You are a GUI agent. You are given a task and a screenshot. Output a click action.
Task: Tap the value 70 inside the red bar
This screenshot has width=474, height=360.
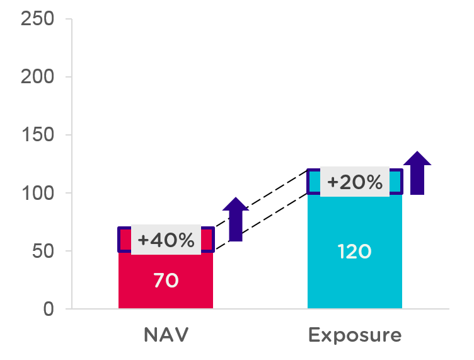[x=166, y=280]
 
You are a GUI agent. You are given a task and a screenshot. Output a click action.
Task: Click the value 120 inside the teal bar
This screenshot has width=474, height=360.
[x=354, y=252]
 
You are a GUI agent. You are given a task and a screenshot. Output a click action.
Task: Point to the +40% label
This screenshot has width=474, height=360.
[x=166, y=240]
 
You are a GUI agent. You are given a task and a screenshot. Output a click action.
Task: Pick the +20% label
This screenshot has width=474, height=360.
[x=355, y=182]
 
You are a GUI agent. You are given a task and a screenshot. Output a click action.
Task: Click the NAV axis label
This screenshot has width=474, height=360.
[x=166, y=335]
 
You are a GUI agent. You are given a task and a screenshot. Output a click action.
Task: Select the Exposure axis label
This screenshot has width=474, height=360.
[x=354, y=335]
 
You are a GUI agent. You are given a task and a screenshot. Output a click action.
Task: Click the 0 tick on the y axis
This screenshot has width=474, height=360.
[x=49, y=309]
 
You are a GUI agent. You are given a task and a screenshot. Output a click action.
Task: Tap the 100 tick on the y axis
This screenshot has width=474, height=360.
[x=38, y=193]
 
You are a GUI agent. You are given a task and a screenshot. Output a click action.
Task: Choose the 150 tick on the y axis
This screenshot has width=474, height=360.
[x=38, y=135]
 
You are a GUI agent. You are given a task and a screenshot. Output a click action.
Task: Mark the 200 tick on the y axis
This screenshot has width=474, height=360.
[x=38, y=77]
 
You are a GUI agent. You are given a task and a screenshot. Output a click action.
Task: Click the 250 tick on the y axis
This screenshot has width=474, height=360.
[x=38, y=19]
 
